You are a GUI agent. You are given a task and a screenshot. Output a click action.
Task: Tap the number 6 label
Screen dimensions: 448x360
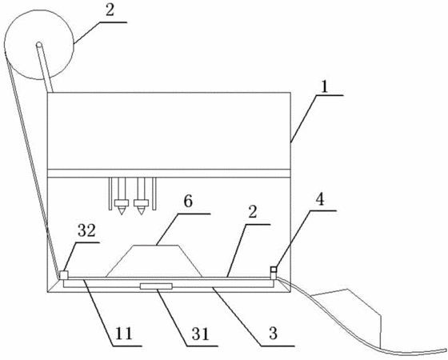188,202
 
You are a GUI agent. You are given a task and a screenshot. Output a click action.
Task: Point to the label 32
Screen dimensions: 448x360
86,230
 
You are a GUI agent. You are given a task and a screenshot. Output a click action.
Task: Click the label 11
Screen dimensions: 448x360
123,334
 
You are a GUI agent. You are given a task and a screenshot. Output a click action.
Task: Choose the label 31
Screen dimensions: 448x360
201,334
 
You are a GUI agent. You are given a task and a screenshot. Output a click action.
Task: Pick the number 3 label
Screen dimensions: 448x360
274,334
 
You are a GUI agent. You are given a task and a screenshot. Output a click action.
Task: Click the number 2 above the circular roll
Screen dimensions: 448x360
109,10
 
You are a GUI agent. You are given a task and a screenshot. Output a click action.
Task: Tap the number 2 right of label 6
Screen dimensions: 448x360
252,213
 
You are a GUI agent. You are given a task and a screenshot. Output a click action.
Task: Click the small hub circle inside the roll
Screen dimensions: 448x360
39,45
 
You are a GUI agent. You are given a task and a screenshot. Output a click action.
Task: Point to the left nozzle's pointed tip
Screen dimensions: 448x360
122,214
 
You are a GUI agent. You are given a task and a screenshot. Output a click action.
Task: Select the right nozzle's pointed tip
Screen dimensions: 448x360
141,214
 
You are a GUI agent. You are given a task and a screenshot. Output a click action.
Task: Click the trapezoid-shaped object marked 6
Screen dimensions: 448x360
154,261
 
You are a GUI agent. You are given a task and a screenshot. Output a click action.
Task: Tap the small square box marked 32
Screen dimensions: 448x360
63,275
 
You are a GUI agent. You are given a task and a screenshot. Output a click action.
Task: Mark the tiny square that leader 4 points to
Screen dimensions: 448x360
274,270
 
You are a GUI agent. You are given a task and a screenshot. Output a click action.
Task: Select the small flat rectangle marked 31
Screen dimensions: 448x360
156,286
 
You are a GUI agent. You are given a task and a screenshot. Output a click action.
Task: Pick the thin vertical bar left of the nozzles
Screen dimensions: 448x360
110,194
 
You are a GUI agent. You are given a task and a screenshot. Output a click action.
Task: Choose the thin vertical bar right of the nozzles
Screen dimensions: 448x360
154,194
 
